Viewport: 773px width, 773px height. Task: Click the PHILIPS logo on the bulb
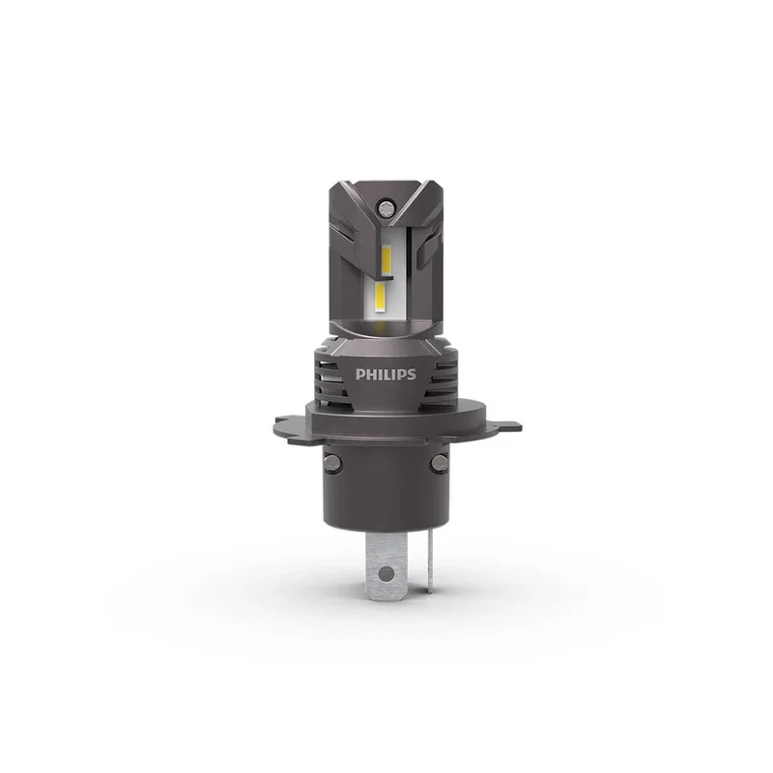386,374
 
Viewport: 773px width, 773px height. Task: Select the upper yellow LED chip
386,261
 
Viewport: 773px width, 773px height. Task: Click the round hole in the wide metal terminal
387,573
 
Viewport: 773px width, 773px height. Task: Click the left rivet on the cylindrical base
333,463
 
